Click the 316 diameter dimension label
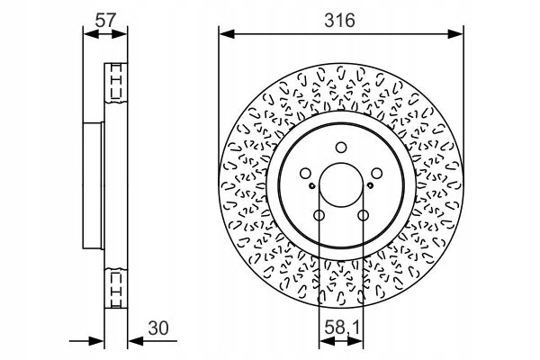tap(339, 21)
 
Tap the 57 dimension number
tap(106, 21)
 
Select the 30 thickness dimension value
tap(158, 328)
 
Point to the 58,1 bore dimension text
tap(342, 328)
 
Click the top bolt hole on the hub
tap(341, 148)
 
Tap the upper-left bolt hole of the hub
tap(305, 174)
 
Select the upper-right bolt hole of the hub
tap(377, 174)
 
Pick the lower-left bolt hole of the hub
tap(319, 216)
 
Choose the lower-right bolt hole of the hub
tap(363, 216)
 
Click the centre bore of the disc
tap(341, 185)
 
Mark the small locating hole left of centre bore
tap(311, 186)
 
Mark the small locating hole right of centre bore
tap(371, 186)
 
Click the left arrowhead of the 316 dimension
tap(227, 34)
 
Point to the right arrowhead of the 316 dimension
tap(455, 34)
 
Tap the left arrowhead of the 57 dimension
tap(91, 34)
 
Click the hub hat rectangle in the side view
tap(94, 185)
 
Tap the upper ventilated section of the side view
tap(116, 83)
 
